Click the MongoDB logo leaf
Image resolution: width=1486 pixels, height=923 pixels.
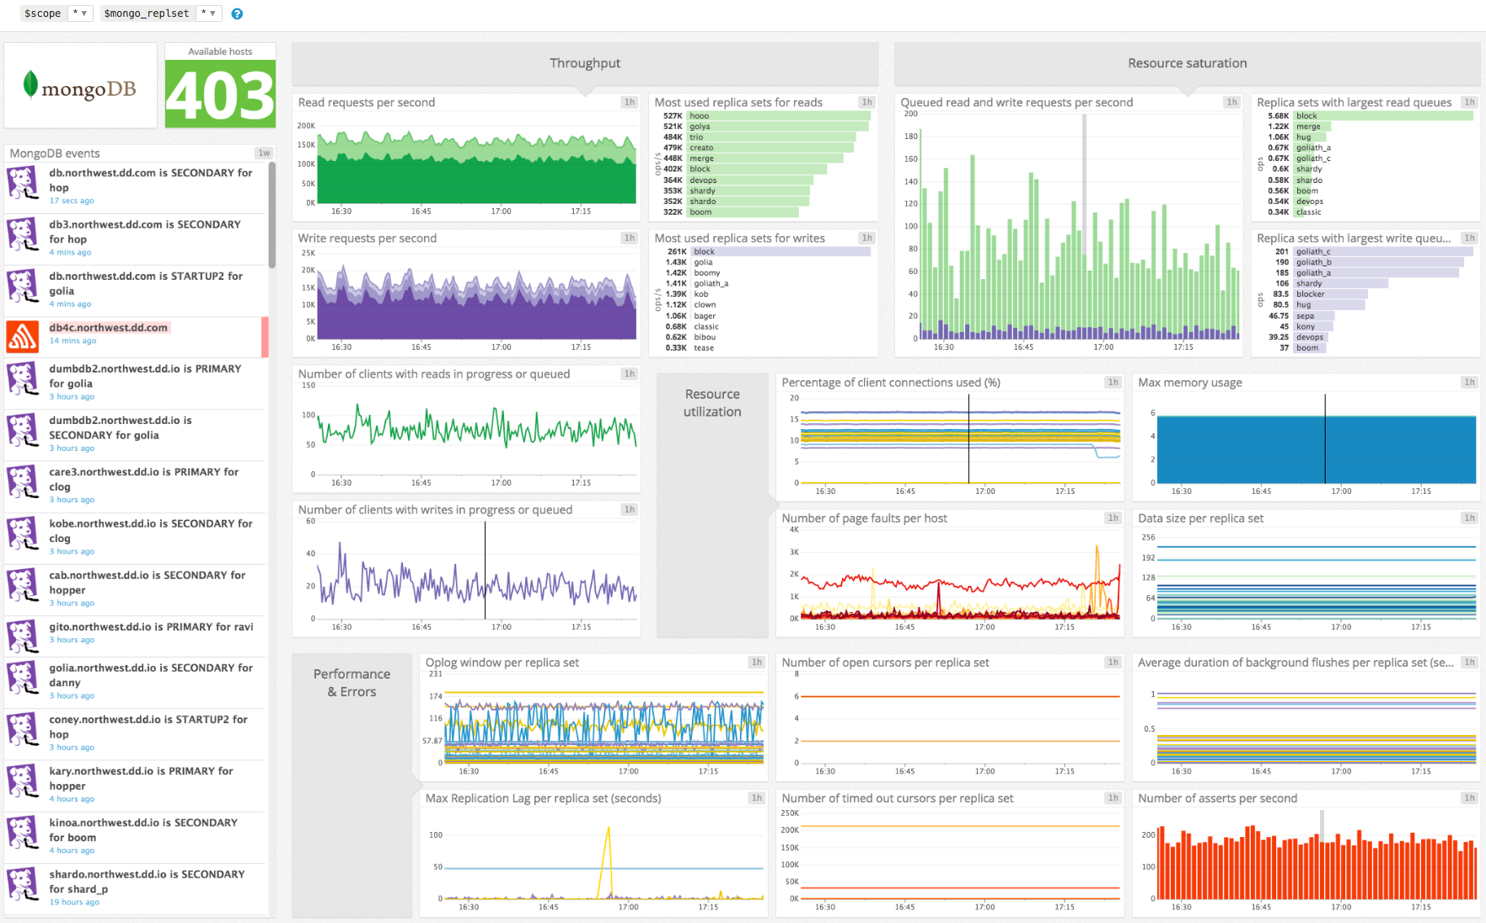30,84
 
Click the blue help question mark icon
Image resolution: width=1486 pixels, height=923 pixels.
237,13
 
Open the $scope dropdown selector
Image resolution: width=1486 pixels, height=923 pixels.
80,13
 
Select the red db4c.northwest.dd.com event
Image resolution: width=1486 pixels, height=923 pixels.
110,328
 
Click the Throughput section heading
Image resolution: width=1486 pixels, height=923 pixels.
585,63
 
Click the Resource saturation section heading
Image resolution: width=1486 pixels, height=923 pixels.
1187,63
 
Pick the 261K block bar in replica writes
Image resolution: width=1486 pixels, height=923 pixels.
781,252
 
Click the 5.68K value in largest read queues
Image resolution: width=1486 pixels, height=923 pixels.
1278,116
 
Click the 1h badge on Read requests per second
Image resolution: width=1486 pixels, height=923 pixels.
629,102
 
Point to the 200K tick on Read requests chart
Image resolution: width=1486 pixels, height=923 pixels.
306,126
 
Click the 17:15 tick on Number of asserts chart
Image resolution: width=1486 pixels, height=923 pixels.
1421,907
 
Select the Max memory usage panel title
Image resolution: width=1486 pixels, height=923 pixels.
1189,383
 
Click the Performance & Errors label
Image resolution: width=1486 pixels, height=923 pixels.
351,683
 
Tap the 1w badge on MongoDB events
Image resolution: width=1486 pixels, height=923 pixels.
264,153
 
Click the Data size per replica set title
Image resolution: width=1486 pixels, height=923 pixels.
1200,518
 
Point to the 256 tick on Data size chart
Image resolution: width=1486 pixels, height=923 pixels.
1148,537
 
